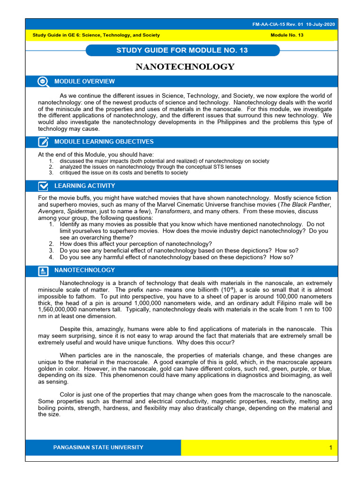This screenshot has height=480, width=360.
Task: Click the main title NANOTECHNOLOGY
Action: tap(185, 67)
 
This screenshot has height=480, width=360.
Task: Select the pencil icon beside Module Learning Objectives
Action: tap(43, 142)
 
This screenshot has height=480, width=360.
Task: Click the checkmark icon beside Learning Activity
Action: tap(43, 186)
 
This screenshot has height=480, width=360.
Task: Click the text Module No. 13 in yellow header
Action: tap(287, 35)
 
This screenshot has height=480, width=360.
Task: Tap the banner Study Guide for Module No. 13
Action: tap(182, 50)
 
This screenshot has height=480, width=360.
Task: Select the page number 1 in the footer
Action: tap(330, 448)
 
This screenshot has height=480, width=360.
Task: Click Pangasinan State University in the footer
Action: tap(98, 447)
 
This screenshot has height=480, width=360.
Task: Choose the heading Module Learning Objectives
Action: tap(104, 142)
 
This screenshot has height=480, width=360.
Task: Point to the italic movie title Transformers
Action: tap(170, 211)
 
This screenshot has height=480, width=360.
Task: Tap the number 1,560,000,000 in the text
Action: tap(58, 310)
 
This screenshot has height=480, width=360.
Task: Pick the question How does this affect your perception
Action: tap(136, 244)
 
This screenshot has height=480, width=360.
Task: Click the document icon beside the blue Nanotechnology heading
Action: tap(43, 271)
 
